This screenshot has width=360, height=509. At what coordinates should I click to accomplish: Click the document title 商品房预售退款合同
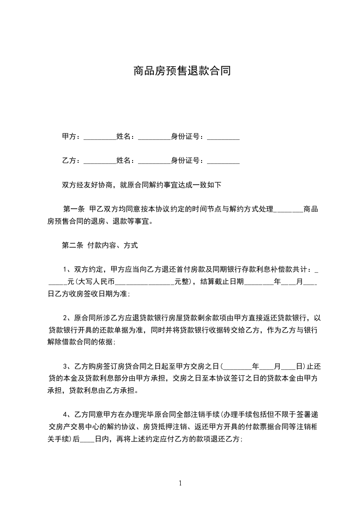[182, 71]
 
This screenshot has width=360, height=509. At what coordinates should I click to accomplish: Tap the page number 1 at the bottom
[180, 483]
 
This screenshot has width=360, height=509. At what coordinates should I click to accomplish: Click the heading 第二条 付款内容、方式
[99, 246]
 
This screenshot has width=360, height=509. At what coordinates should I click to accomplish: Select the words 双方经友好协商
[87, 185]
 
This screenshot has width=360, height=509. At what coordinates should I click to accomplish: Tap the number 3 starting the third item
[65, 366]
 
